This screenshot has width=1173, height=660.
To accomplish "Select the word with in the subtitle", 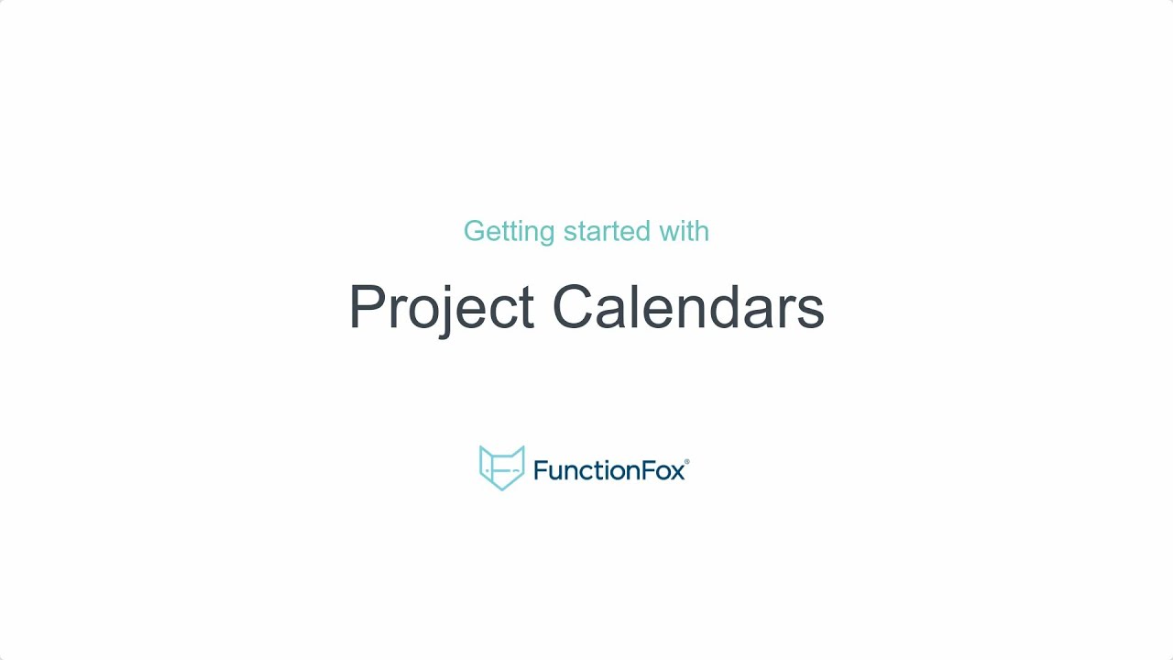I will click(x=684, y=231).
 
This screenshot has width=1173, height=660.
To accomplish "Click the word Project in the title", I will click(x=441, y=308).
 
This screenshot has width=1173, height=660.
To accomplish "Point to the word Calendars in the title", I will click(x=688, y=307).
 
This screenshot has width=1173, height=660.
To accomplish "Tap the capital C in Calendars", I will click(x=575, y=307).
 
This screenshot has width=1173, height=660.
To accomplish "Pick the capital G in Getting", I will click(x=474, y=231).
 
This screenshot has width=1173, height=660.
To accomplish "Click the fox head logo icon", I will click(x=502, y=467).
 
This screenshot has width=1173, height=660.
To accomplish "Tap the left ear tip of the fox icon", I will click(x=482, y=448).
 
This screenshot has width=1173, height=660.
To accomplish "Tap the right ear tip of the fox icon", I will click(x=522, y=448).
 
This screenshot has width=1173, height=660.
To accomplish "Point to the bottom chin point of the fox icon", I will click(x=502, y=489).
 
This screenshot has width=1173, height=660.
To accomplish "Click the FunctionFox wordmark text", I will click(x=608, y=471).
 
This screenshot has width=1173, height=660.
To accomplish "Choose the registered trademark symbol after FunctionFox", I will click(x=686, y=462).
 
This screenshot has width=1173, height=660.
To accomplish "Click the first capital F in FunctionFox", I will click(x=539, y=471).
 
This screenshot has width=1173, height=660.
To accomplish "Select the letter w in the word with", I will click(x=668, y=233).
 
